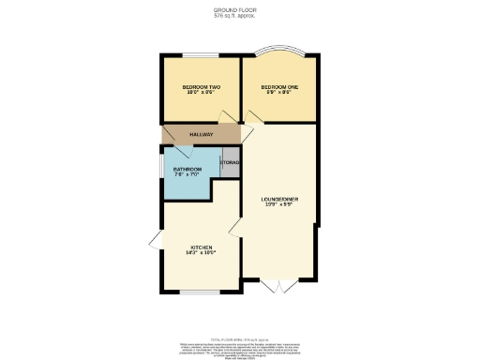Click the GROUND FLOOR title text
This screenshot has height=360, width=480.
239,10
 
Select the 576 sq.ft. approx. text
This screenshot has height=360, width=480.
239,16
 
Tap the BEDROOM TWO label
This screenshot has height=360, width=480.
201,87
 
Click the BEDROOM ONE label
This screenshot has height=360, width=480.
279,87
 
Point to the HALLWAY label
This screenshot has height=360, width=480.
202,135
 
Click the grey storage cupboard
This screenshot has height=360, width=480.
231,163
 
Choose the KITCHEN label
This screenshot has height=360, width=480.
201,247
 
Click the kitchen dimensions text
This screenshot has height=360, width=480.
201,253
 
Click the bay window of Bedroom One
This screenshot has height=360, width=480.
279,51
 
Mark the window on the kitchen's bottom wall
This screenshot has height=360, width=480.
199,292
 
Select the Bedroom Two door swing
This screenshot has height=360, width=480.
226,116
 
